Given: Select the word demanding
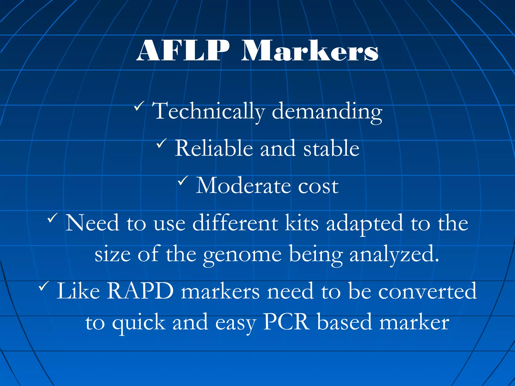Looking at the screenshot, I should coord(327,111).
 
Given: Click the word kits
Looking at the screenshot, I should coord(302,223).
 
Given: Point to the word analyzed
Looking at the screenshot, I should coord(394,254).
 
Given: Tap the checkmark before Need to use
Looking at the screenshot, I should coord(53,217).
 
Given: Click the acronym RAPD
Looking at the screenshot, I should coord(140,291).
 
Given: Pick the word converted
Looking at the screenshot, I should coord(427,291).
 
